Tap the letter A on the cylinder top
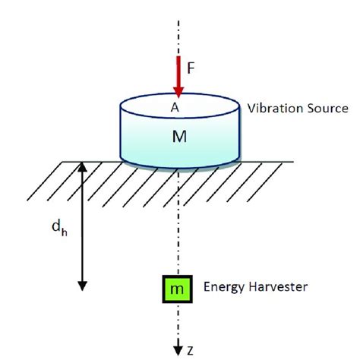[x=175, y=108]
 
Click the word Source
[x=327, y=109]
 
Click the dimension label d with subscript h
[x=49, y=227]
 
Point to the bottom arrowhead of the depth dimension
[x=81, y=286]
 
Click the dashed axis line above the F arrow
[x=178, y=30]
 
